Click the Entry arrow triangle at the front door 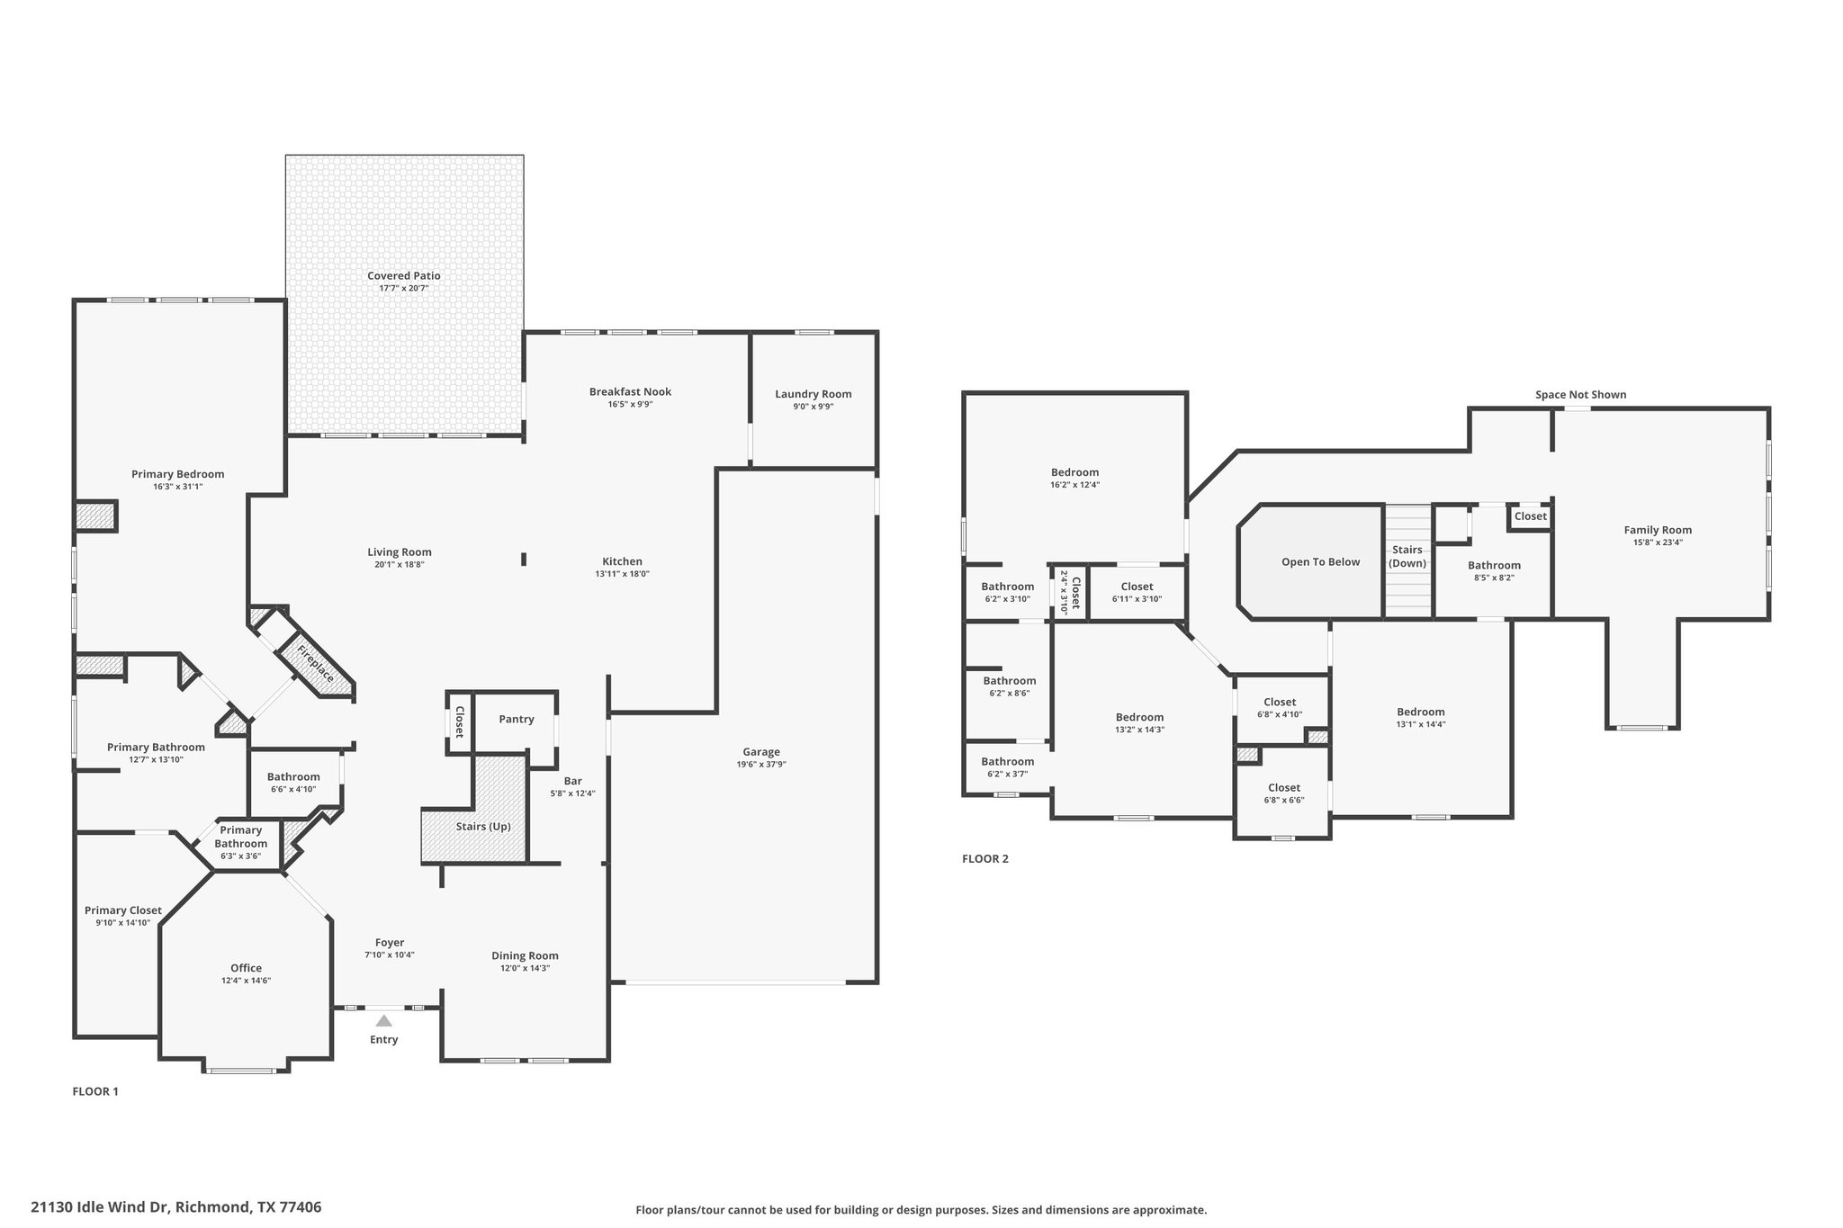pos(384,1020)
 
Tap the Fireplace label pos(316,664)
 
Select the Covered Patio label pos(404,276)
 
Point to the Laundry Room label pos(814,394)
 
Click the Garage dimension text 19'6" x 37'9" pos(761,765)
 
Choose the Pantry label pos(517,720)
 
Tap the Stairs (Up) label pos(483,827)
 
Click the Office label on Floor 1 pos(247,968)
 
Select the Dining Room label pos(525,955)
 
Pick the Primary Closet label pos(123,910)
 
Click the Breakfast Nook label pos(630,392)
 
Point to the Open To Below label pos(1321,562)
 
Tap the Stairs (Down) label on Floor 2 pos(1407,557)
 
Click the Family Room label pos(1658,530)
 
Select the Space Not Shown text pos(1581,395)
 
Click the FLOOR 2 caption pos(985,859)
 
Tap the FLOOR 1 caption pos(95,1092)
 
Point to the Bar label pos(573,781)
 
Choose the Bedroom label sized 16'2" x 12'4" pos(1074,472)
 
